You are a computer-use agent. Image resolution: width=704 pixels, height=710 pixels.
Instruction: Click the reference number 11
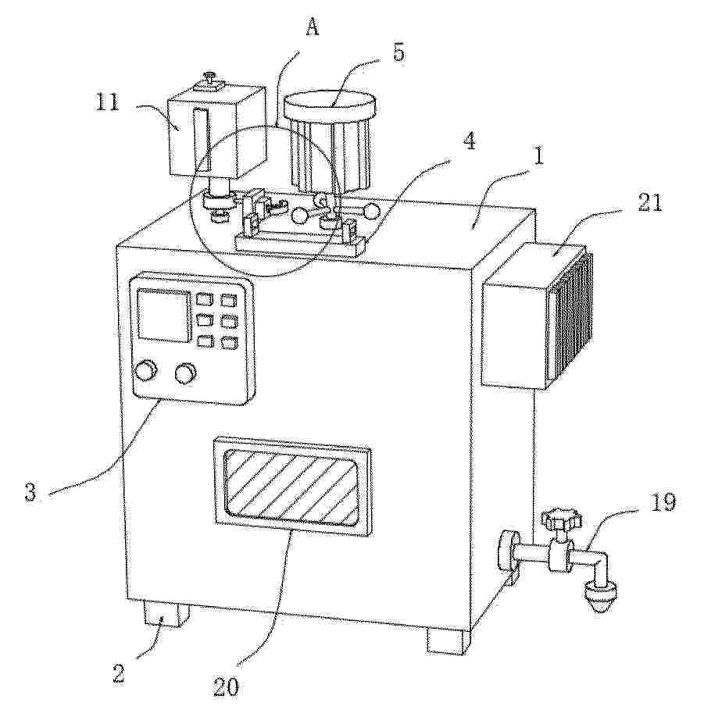[106, 103]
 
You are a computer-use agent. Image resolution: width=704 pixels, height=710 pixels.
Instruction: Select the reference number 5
[398, 53]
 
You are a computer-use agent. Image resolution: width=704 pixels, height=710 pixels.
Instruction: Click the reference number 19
[663, 503]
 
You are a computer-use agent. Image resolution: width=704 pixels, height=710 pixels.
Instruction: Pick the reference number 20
[226, 687]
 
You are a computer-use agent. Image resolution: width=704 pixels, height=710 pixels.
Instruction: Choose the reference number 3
[30, 493]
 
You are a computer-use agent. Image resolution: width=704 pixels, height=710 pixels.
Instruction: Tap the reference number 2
[118, 673]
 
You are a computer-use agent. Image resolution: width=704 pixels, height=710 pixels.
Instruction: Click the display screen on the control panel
[163, 316]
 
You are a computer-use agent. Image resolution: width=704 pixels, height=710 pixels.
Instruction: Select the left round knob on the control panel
[147, 371]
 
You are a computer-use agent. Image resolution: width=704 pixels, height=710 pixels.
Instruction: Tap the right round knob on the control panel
[186, 374]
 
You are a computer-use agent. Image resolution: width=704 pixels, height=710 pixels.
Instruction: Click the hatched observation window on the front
[292, 487]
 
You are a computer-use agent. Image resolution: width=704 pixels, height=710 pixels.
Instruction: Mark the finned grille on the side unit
[572, 316]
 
